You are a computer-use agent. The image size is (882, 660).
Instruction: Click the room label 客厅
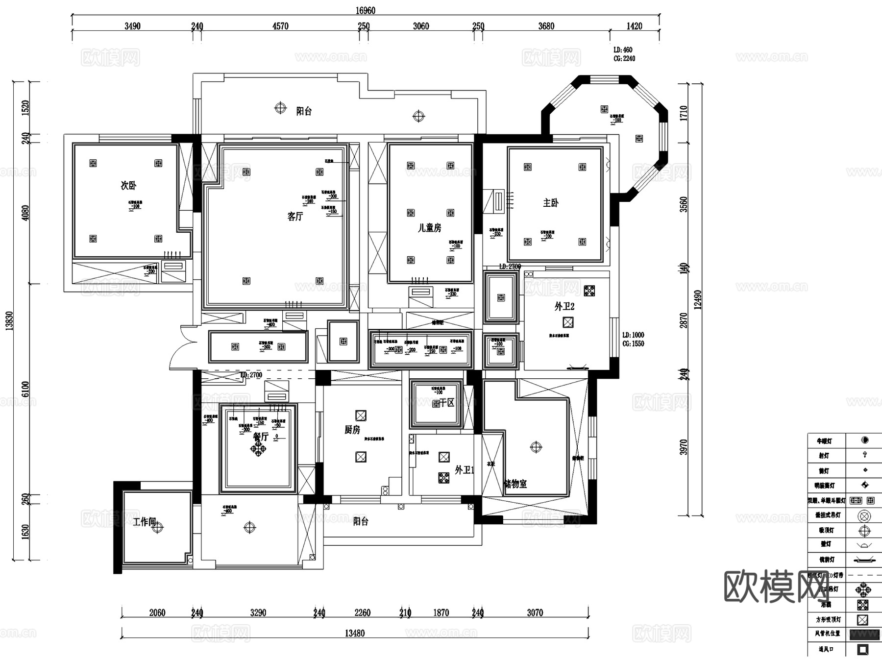point(295,216)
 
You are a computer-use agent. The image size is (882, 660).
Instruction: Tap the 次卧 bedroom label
point(128,185)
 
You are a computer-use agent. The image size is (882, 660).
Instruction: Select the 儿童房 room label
point(429,228)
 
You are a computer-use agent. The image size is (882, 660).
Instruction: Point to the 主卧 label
point(550,202)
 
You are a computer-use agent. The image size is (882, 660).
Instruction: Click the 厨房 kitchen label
point(352,430)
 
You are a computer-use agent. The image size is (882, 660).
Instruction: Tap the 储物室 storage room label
point(515,484)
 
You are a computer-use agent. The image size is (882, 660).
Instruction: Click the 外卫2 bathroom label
point(564,306)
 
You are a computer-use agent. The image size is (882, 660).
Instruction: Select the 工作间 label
point(144,522)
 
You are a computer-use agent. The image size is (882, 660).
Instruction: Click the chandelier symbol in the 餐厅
point(258,448)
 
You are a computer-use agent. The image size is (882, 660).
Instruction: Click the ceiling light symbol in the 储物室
point(536,447)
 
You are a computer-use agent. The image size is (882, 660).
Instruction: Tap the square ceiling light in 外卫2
point(568,322)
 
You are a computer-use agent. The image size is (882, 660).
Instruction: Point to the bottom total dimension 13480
point(354,633)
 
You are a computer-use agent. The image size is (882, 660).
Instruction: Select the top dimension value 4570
point(280,26)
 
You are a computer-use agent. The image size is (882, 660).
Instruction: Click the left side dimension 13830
point(9,321)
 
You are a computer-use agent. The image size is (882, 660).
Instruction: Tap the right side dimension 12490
point(698,299)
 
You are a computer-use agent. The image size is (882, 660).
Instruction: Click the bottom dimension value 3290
point(258,612)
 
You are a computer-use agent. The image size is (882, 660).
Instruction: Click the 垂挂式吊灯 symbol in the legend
point(864,515)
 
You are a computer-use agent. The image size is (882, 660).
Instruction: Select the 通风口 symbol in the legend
point(863,650)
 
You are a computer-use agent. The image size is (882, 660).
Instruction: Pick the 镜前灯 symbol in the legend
point(864,560)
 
